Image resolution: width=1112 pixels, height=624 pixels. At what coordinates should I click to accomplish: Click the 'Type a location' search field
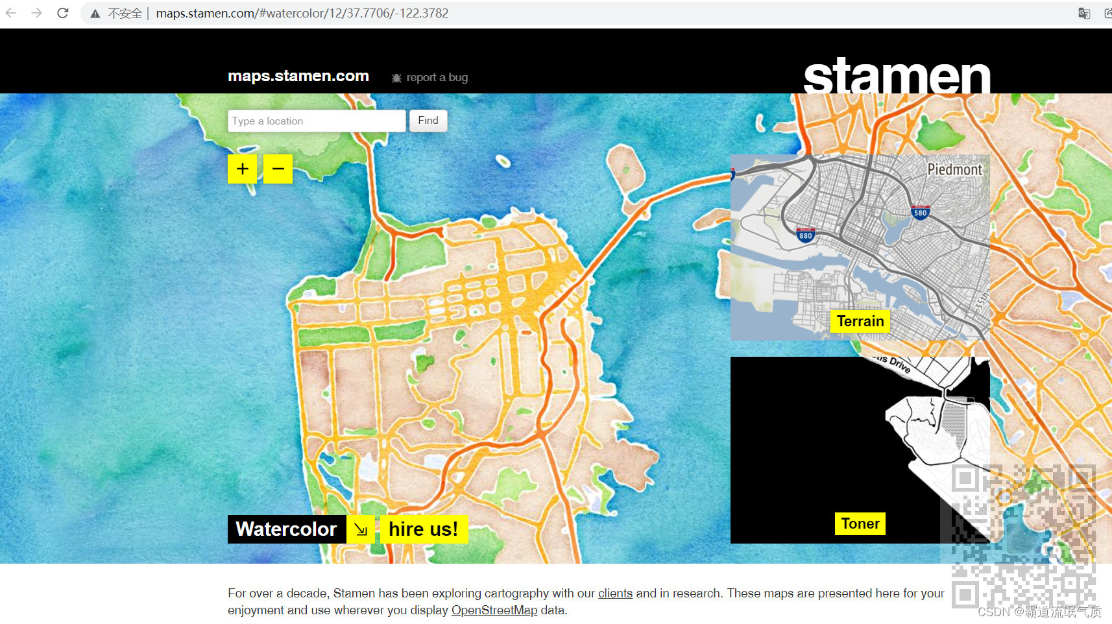pyautogui.click(x=317, y=121)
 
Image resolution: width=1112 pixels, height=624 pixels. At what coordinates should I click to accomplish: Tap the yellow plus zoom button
pyautogui.click(x=242, y=169)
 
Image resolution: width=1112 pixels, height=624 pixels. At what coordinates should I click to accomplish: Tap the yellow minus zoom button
pyautogui.click(x=278, y=169)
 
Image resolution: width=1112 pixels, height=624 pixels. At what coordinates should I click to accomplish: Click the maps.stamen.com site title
pyautogui.click(x=298, y=76)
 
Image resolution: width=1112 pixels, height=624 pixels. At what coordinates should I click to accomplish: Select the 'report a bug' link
pyautogui.click(x=437, y=78)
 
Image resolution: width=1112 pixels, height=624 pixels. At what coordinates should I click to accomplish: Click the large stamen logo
pyautogui.click(x=897, y=75)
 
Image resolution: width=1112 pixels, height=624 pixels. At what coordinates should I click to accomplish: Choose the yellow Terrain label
pyautogui.click(x=860, y=321)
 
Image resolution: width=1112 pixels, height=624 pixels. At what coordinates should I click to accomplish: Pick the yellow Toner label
pyautogui.click(x=860, y=523)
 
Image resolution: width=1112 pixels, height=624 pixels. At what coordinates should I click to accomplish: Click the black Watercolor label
pyautogui.click(x=286, y=529)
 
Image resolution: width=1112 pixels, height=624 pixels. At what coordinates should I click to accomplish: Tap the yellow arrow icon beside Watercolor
pyautogui.click(x=361, y=529)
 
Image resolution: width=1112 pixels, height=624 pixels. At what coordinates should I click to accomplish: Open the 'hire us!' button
pyautogui.click(x=423, y=529)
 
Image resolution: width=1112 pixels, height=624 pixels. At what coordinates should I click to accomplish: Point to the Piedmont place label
pyautogui.click(x=954, y=169)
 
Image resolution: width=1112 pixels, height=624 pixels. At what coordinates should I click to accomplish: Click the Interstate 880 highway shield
pyautogui.click(x=806, y=235)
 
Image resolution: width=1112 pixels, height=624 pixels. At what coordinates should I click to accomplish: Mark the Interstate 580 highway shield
pyautogui.click(x=920, y=212)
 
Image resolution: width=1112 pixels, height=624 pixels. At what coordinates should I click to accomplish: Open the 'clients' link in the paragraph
pyautogui.click(x=615, y=594)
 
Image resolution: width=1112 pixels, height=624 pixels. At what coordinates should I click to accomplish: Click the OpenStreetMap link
pyautogui.click(x=494, y=610)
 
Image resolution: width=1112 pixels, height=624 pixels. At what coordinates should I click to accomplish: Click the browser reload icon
pyautogui.click(x=63, y=13)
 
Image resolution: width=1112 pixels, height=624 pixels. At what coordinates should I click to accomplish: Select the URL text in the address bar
pyautogui.click(x=302, y=14)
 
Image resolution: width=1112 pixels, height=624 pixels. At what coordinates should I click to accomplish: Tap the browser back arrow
pyautogui.click(x=11, y=13)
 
